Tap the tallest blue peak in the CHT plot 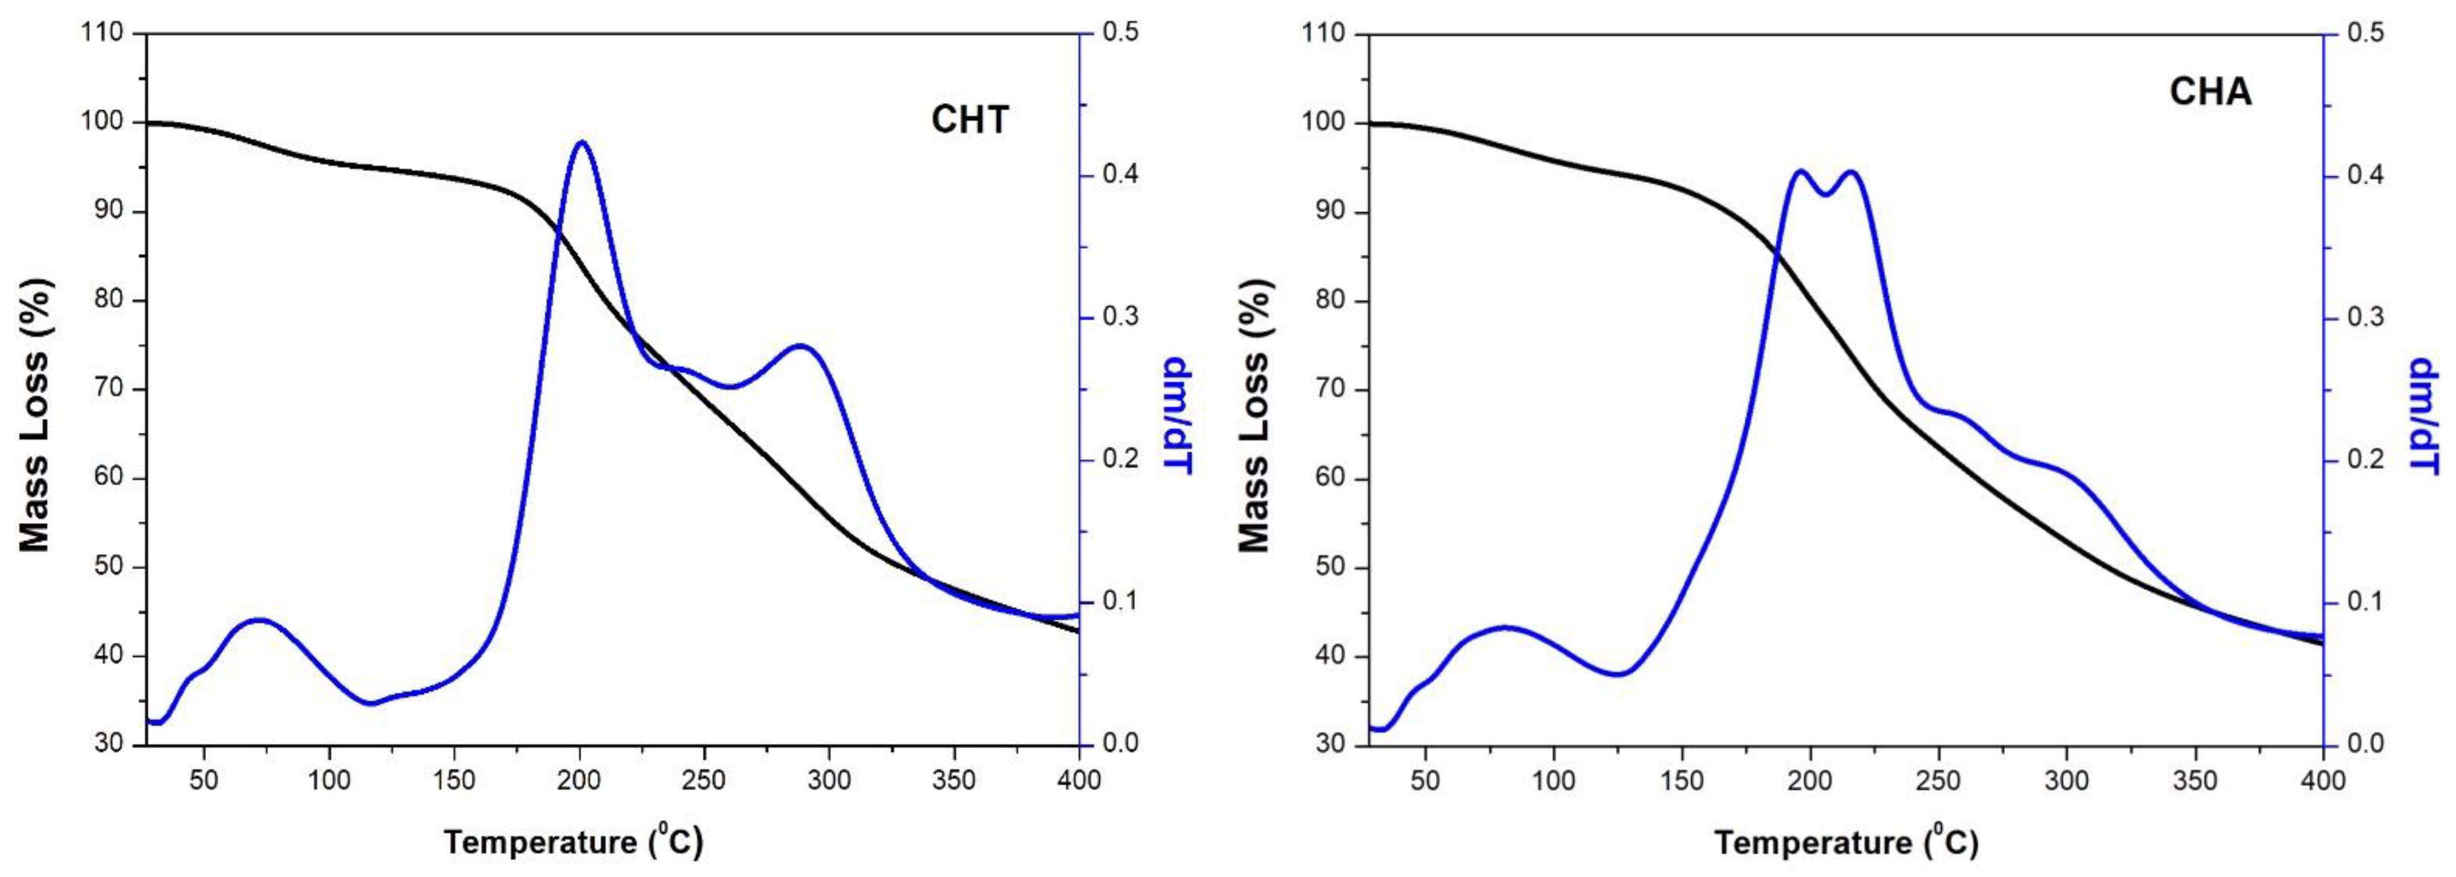(581, 142)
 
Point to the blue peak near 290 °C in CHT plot (799, 346)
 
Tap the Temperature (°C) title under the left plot (573, 842)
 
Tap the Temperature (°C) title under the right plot (1846, 842)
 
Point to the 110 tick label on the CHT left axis (103, 34)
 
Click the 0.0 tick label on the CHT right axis (1118, 743)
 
